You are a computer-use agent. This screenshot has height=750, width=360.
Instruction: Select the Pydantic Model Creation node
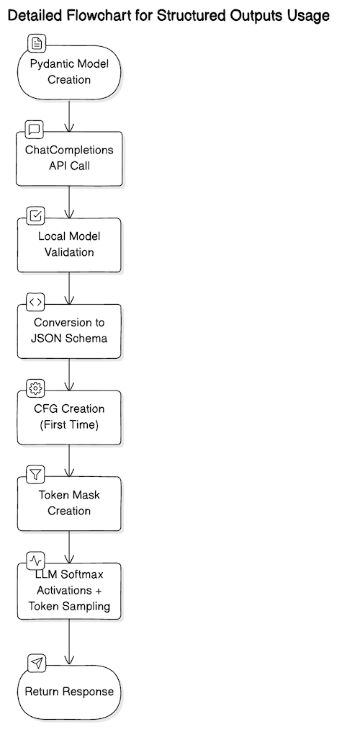[69, 72]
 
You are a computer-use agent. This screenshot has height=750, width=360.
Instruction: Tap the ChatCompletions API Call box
[69, 159]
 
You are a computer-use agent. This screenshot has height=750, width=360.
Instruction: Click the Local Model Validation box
[69, 245]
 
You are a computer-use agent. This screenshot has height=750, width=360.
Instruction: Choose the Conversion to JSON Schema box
[69, 331]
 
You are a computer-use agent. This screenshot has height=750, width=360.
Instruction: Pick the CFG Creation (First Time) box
[69, 417]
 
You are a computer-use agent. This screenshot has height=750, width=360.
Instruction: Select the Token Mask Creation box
[69, 504]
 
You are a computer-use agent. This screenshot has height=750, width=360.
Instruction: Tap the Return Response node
[69, 691]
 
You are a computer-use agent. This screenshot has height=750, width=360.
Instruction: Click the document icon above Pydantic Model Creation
[35, 43]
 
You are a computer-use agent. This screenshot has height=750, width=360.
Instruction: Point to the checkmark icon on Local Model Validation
[35, 215]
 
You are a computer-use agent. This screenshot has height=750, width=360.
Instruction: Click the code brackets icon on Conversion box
[35, 302]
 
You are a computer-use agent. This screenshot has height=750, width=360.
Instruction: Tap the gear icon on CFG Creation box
[35, 388]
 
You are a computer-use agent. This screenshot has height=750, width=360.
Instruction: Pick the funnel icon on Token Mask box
[35, 474]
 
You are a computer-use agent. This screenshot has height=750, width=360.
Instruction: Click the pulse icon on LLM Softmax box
[35, 561]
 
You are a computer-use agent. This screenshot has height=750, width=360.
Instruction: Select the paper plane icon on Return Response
[35, 662]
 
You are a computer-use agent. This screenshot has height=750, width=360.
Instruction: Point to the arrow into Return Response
[69, 641]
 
